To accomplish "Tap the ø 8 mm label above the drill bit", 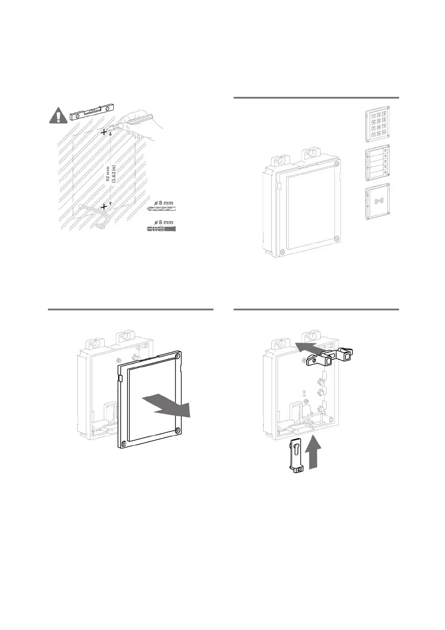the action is (164, 203).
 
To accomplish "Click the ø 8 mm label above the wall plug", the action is (164, 222).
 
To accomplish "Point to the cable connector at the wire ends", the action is (101, 226).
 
